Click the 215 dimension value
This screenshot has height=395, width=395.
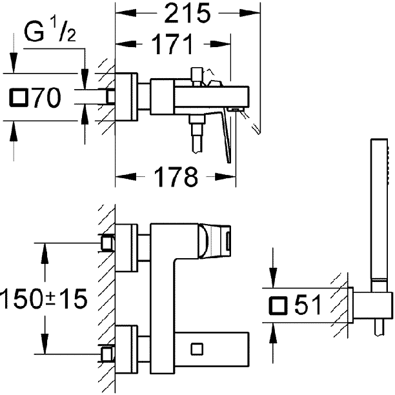[187, 13]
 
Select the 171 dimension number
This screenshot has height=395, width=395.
[173, 44]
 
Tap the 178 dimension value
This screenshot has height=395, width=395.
[176, 177]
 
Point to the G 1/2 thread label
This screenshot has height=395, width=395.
[50, 32]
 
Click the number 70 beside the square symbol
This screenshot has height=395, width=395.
[47, 97]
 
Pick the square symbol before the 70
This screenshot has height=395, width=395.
[18, 97]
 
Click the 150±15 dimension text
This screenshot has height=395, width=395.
[44, 299]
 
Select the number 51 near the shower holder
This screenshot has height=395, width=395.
[308, 305]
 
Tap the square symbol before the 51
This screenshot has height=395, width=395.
[278, 305]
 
